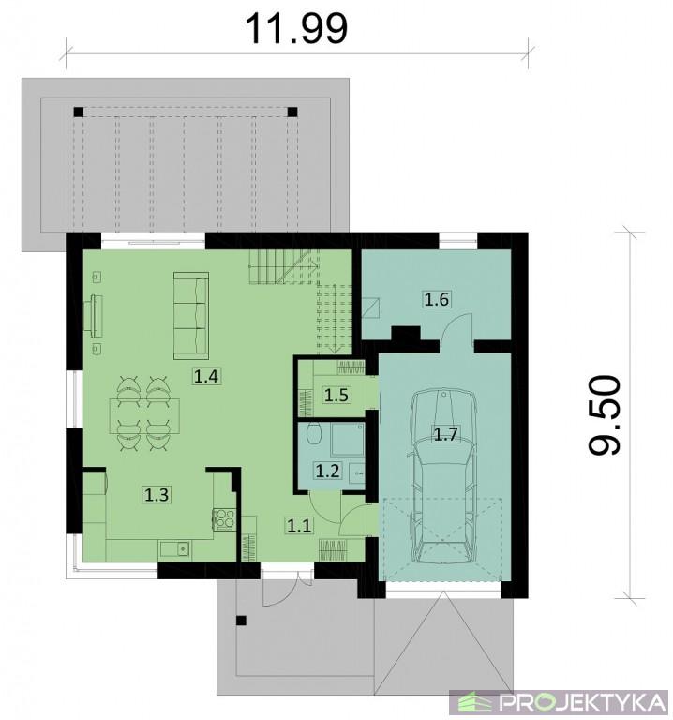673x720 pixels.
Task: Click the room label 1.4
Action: tap(205, 376)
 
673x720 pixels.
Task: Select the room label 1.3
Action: tap(157, 495)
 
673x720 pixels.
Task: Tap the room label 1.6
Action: tap(436, 299)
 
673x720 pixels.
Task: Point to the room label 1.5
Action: tap(336, 395)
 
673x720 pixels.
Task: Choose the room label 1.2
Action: tap(327, 471)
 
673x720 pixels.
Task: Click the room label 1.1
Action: tap(299, 525)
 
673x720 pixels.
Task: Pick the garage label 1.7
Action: tap(446, 434)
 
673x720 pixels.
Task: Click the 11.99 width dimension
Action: tap(296, 28)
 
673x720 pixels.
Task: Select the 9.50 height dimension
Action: tap(605, 415)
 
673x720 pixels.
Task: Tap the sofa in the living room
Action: tap(191, 315)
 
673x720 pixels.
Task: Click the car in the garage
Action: tap(443, 475)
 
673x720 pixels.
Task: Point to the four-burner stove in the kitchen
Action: tap(224, 519)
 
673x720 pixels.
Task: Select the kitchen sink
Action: tap(175, 549)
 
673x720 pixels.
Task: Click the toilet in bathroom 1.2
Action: tap(314, 433)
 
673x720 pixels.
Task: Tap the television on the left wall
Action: tap(94, 312)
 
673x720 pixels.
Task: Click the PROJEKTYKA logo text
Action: tap(583, 702)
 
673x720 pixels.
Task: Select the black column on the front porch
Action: tap(241, 621)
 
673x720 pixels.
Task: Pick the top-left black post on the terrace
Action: tap(79, 112)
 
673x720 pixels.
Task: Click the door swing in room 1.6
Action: tap(456, 327)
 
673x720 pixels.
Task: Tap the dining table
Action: tap(144, 416)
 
